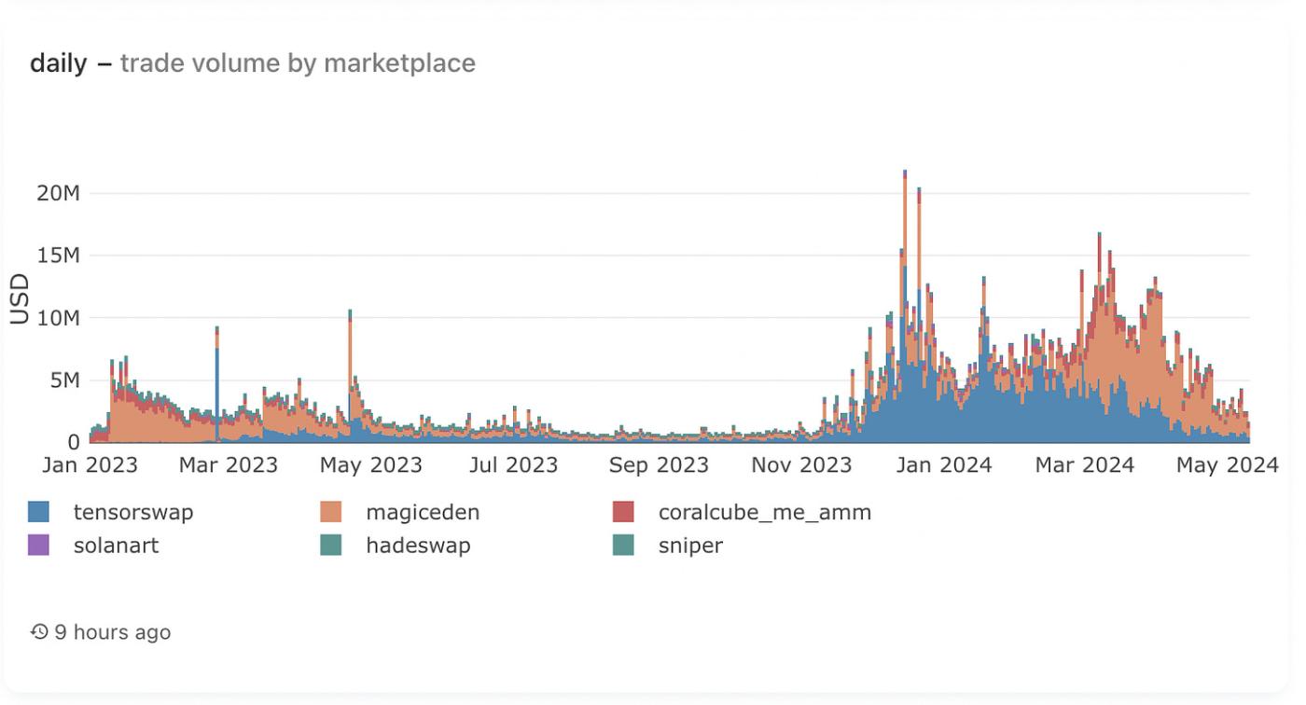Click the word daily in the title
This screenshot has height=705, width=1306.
(x=58, y=63)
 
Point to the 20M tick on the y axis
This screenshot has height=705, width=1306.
(x=58, y=193)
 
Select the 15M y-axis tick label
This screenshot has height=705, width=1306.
(x=58, y=256)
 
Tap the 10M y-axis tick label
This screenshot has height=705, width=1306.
(x=58, y=318)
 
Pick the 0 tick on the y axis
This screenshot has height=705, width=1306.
(x=73, y=442)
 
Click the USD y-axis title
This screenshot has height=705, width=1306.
(x=20, y=298)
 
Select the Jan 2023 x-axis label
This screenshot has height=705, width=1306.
(x=90, y=464)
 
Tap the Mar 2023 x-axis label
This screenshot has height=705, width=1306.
(x=229, y=464)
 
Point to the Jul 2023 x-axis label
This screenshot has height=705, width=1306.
(x=513, y=464)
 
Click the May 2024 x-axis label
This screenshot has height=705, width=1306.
(x=1226, y=464)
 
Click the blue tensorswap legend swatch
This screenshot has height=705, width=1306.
(x=39, y=512)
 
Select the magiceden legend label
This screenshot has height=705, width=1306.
(x=423, y=512)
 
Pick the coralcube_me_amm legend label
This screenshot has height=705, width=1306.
(x=764, y=512)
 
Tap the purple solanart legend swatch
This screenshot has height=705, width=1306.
(x=39, y=546)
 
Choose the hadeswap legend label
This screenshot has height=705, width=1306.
(x=418, y=546)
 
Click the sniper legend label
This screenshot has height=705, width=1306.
(x=690, y=546)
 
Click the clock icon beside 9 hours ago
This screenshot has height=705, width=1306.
(x=39, y=632)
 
